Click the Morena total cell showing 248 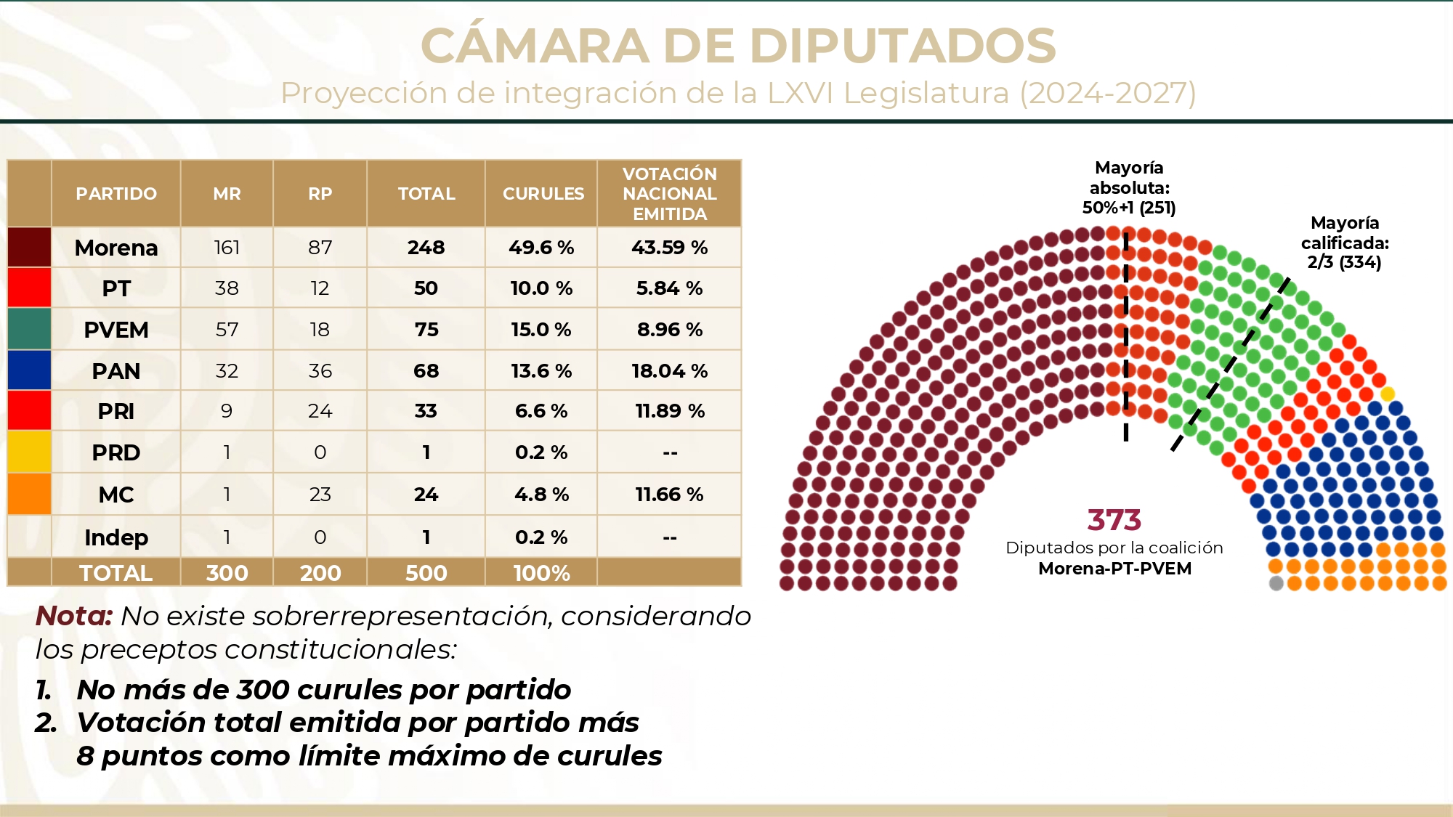[426, 248]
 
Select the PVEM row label [116, 330]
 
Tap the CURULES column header [543, 194]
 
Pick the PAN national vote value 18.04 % [669, 371]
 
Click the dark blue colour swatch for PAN [29, 370]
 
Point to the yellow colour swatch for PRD [29, 452]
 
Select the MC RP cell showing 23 [320, 495]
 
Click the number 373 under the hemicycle [1114, 520]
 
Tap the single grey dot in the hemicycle [1276, 582]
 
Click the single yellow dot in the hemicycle [1387, 394]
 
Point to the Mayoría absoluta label [1129, 187]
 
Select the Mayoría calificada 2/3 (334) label [1344, 243]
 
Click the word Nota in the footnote [73, 616]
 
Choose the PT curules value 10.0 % [541, 288]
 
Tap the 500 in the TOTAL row [426, 573]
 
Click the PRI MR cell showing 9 [227, 411]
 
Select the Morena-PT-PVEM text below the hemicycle [1114, 569]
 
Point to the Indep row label [116, 537]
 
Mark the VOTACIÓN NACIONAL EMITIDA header [669, 194]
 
